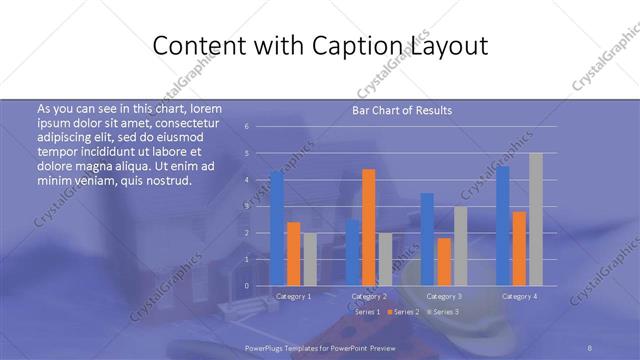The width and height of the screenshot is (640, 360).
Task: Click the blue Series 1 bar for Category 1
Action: [x=277, y=229]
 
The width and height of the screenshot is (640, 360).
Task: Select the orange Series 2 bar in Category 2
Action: [x=369, y=227]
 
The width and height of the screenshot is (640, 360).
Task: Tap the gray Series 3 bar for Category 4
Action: [x=535, y=219]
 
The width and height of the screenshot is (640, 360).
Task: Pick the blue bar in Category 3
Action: [x=427, y=239]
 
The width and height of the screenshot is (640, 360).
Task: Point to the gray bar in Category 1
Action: [x=310, y=259]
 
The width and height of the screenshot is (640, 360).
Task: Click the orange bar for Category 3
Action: [x=444, y=261]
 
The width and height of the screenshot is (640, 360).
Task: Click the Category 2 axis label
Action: [x=370, y=296]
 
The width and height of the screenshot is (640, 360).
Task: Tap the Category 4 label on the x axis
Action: [x=519, y=296]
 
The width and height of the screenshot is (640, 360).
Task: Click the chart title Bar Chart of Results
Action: [x=402, y=110]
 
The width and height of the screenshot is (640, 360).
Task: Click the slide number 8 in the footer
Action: [x=591, y=348]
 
